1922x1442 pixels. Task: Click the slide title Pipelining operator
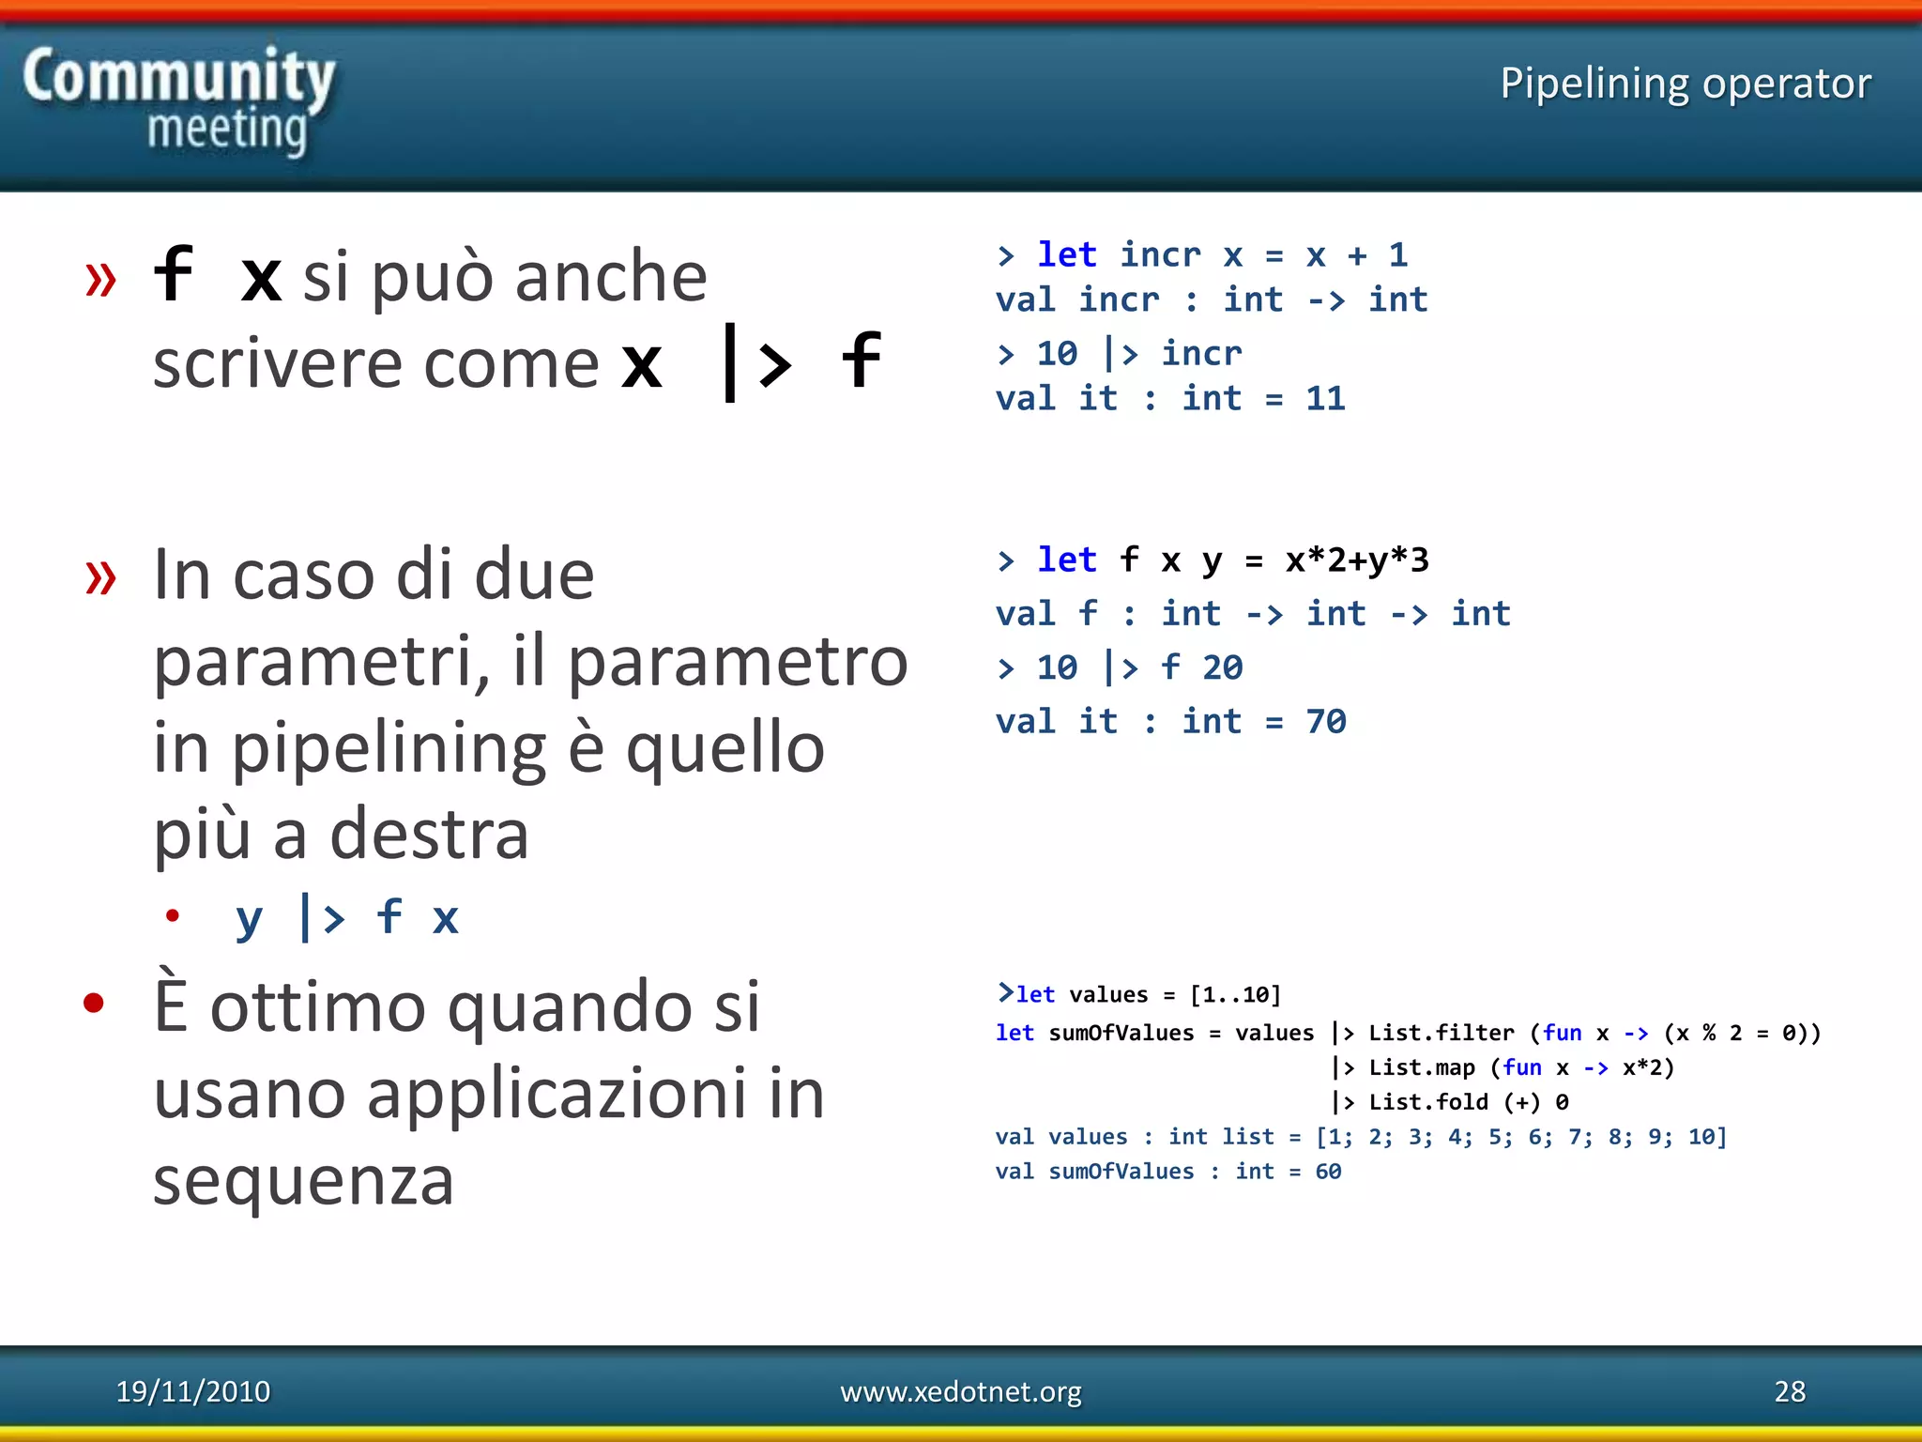1685,84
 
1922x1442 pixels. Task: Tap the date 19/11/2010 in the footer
192,1390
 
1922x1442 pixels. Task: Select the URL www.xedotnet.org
960,1390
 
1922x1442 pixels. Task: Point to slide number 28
1790,1390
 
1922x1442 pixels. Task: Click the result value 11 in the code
1325,399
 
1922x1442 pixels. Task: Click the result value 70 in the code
1325,722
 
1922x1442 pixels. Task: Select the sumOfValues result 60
1328,1172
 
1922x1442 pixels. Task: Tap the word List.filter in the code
1441,1034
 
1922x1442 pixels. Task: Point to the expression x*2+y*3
1357,560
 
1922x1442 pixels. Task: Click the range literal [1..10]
1235,995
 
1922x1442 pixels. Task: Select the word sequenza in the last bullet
303,1181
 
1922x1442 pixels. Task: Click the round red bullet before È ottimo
93,1004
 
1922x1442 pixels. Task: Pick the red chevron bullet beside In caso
100,576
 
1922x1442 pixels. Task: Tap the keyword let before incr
1066,254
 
